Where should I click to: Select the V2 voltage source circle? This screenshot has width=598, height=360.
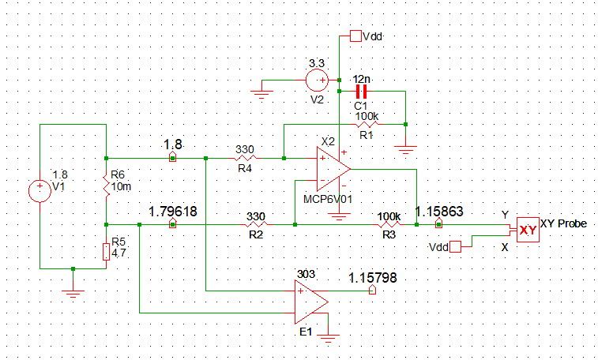click(x=318, y=79)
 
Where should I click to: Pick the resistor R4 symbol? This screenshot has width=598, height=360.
click(x=244, y=158)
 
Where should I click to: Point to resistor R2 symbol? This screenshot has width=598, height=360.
click(x=255, y=225)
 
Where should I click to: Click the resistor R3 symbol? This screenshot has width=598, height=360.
click(x=388, y=225)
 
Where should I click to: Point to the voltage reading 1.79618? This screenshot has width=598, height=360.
click(x=173, y=212)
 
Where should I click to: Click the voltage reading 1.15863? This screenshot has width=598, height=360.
click(x=439, y=212)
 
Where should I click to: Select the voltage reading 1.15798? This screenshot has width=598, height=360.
click(x=373, y=277)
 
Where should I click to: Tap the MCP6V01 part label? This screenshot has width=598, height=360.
click(x=326, y=201)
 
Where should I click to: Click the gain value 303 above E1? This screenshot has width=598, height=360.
click(x=306, y=274)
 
